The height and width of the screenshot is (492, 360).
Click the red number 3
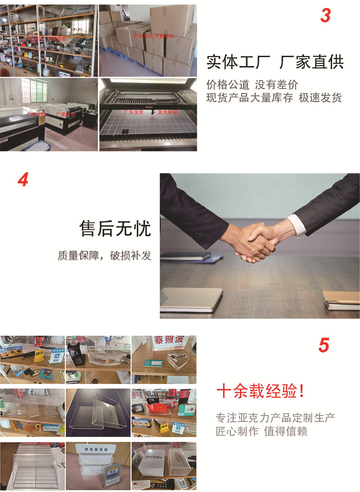325,16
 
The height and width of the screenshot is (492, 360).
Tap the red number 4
23,179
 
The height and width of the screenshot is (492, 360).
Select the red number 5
324,345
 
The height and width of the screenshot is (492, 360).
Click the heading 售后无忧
115,228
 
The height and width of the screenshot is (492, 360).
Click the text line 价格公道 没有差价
252,85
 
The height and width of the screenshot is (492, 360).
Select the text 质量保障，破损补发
104,255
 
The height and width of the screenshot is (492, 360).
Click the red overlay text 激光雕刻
166,112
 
